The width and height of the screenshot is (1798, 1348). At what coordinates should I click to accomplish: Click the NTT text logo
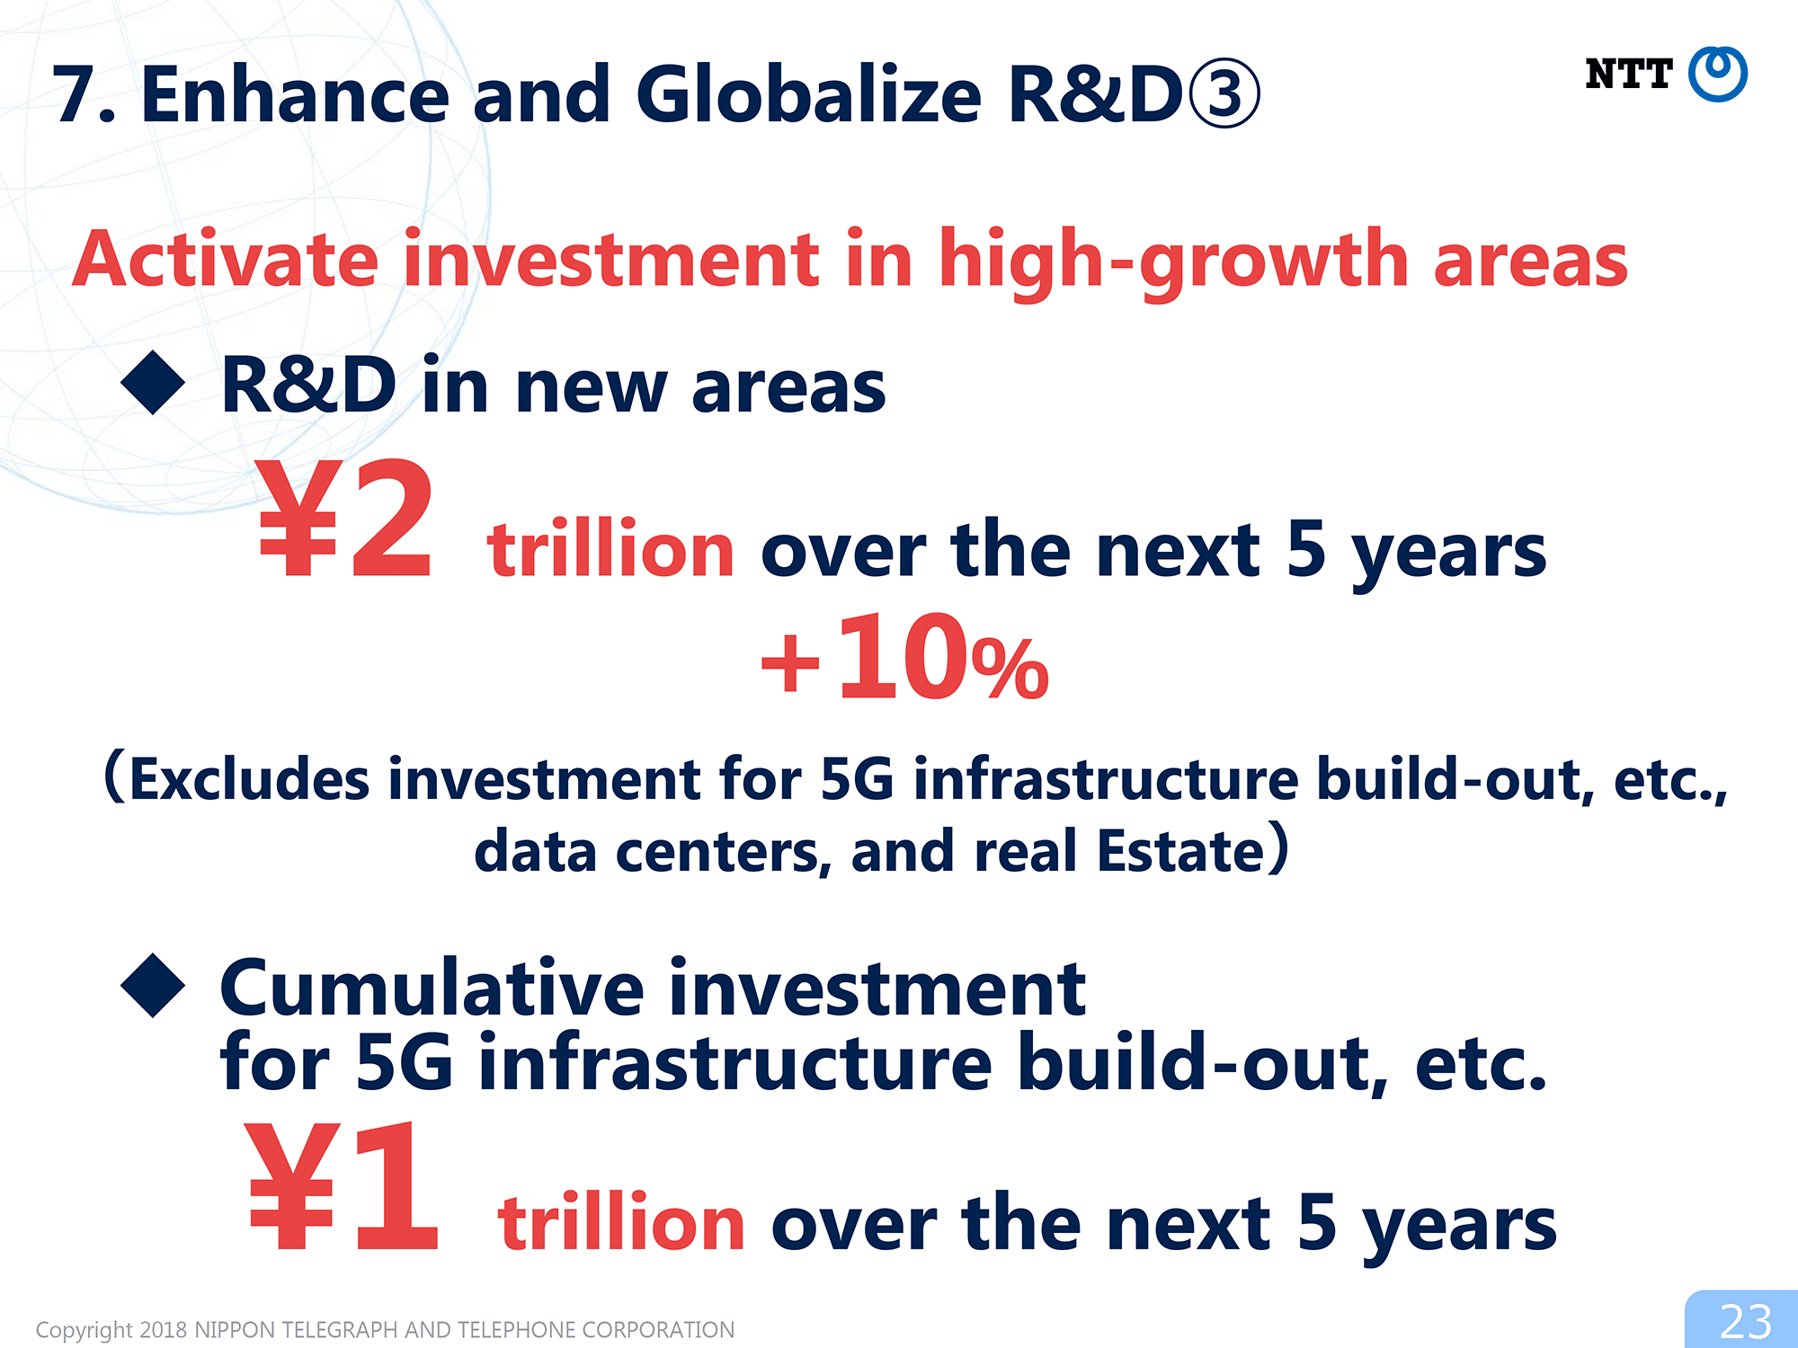click(1628, 74)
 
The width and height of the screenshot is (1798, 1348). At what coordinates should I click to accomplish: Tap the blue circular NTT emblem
click(1718, 74)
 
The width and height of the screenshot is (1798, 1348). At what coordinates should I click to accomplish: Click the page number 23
click(1746, 1322)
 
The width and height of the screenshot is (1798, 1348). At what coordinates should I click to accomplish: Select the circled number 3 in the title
click(1224, 94)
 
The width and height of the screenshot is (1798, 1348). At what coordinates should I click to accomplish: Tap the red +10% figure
click(904, 657)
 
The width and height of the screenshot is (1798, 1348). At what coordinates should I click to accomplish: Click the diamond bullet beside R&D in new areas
click(153, 383)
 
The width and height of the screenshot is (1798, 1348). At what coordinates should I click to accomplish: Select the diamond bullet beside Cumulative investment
click(153, 986)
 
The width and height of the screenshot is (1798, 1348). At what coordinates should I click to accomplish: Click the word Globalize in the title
click(808, 94)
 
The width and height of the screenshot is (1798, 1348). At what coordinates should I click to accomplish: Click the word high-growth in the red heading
click(1173, 261)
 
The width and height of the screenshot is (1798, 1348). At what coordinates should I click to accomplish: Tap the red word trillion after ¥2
click(610, 547)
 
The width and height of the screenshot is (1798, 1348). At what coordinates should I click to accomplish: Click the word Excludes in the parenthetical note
click(249, 777)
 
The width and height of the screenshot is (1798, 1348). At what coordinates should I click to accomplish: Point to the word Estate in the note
click(1181, 850)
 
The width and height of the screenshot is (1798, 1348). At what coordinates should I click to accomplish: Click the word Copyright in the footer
click(85, 1330)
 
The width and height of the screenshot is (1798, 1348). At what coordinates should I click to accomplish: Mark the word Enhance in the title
click(295, 94)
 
